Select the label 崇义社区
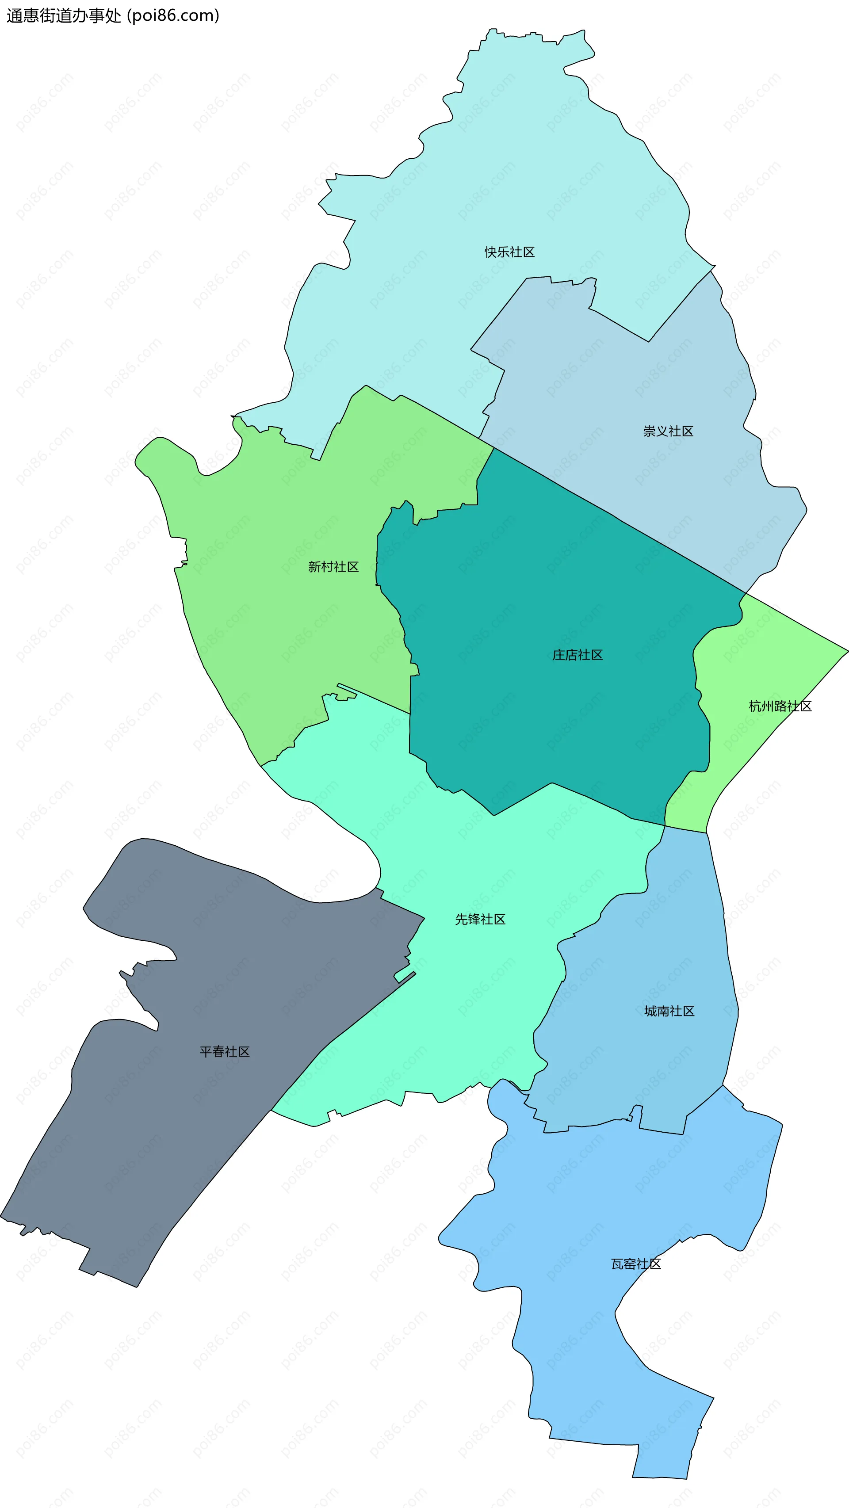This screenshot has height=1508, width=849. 668,431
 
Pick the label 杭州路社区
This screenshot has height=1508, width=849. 780,706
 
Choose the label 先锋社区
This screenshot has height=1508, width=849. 480,920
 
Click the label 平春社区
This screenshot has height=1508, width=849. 224,1052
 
